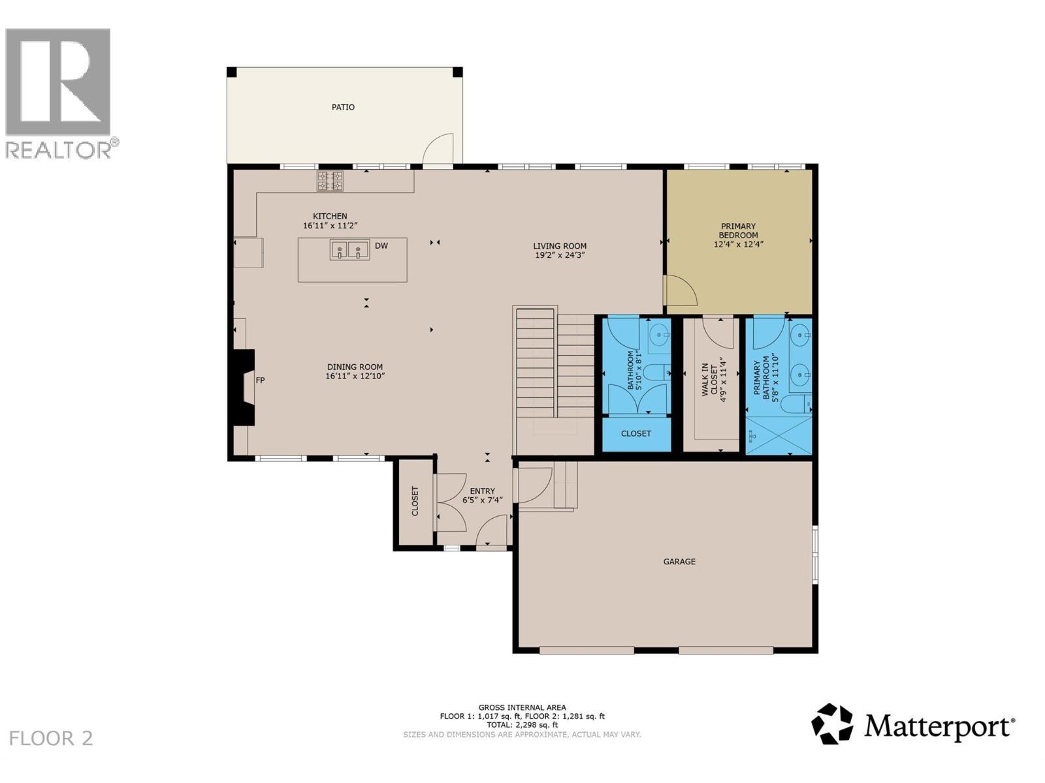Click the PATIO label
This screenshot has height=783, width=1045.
343,107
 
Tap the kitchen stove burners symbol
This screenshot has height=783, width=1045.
330,181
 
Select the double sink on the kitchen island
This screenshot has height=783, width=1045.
349,250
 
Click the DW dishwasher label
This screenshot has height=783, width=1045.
381,246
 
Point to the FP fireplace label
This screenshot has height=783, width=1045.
260,380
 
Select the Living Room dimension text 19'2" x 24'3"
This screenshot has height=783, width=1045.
560,255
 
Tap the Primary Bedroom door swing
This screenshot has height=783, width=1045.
681,291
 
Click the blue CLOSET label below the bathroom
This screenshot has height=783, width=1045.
636,433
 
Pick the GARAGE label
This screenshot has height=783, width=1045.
679,561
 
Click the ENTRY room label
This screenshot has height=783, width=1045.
483,491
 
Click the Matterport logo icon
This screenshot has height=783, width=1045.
832,724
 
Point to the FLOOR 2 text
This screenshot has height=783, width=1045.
52,739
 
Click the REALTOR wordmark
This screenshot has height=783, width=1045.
62,149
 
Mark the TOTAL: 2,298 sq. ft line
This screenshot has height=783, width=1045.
522,724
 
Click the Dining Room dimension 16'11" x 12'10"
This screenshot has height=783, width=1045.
355,376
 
